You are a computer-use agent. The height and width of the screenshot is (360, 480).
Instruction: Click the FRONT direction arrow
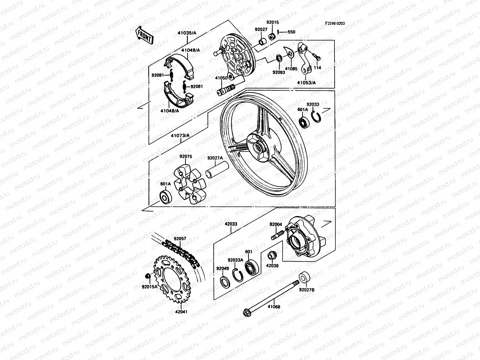145,35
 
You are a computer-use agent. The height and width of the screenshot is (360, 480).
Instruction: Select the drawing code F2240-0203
334,23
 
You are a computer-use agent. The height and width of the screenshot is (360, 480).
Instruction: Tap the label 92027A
215,158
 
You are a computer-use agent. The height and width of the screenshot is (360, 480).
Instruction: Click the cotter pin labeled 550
281,32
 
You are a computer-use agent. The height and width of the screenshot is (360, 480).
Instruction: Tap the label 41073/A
180,136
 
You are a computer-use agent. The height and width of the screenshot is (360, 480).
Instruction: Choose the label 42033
231,223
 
